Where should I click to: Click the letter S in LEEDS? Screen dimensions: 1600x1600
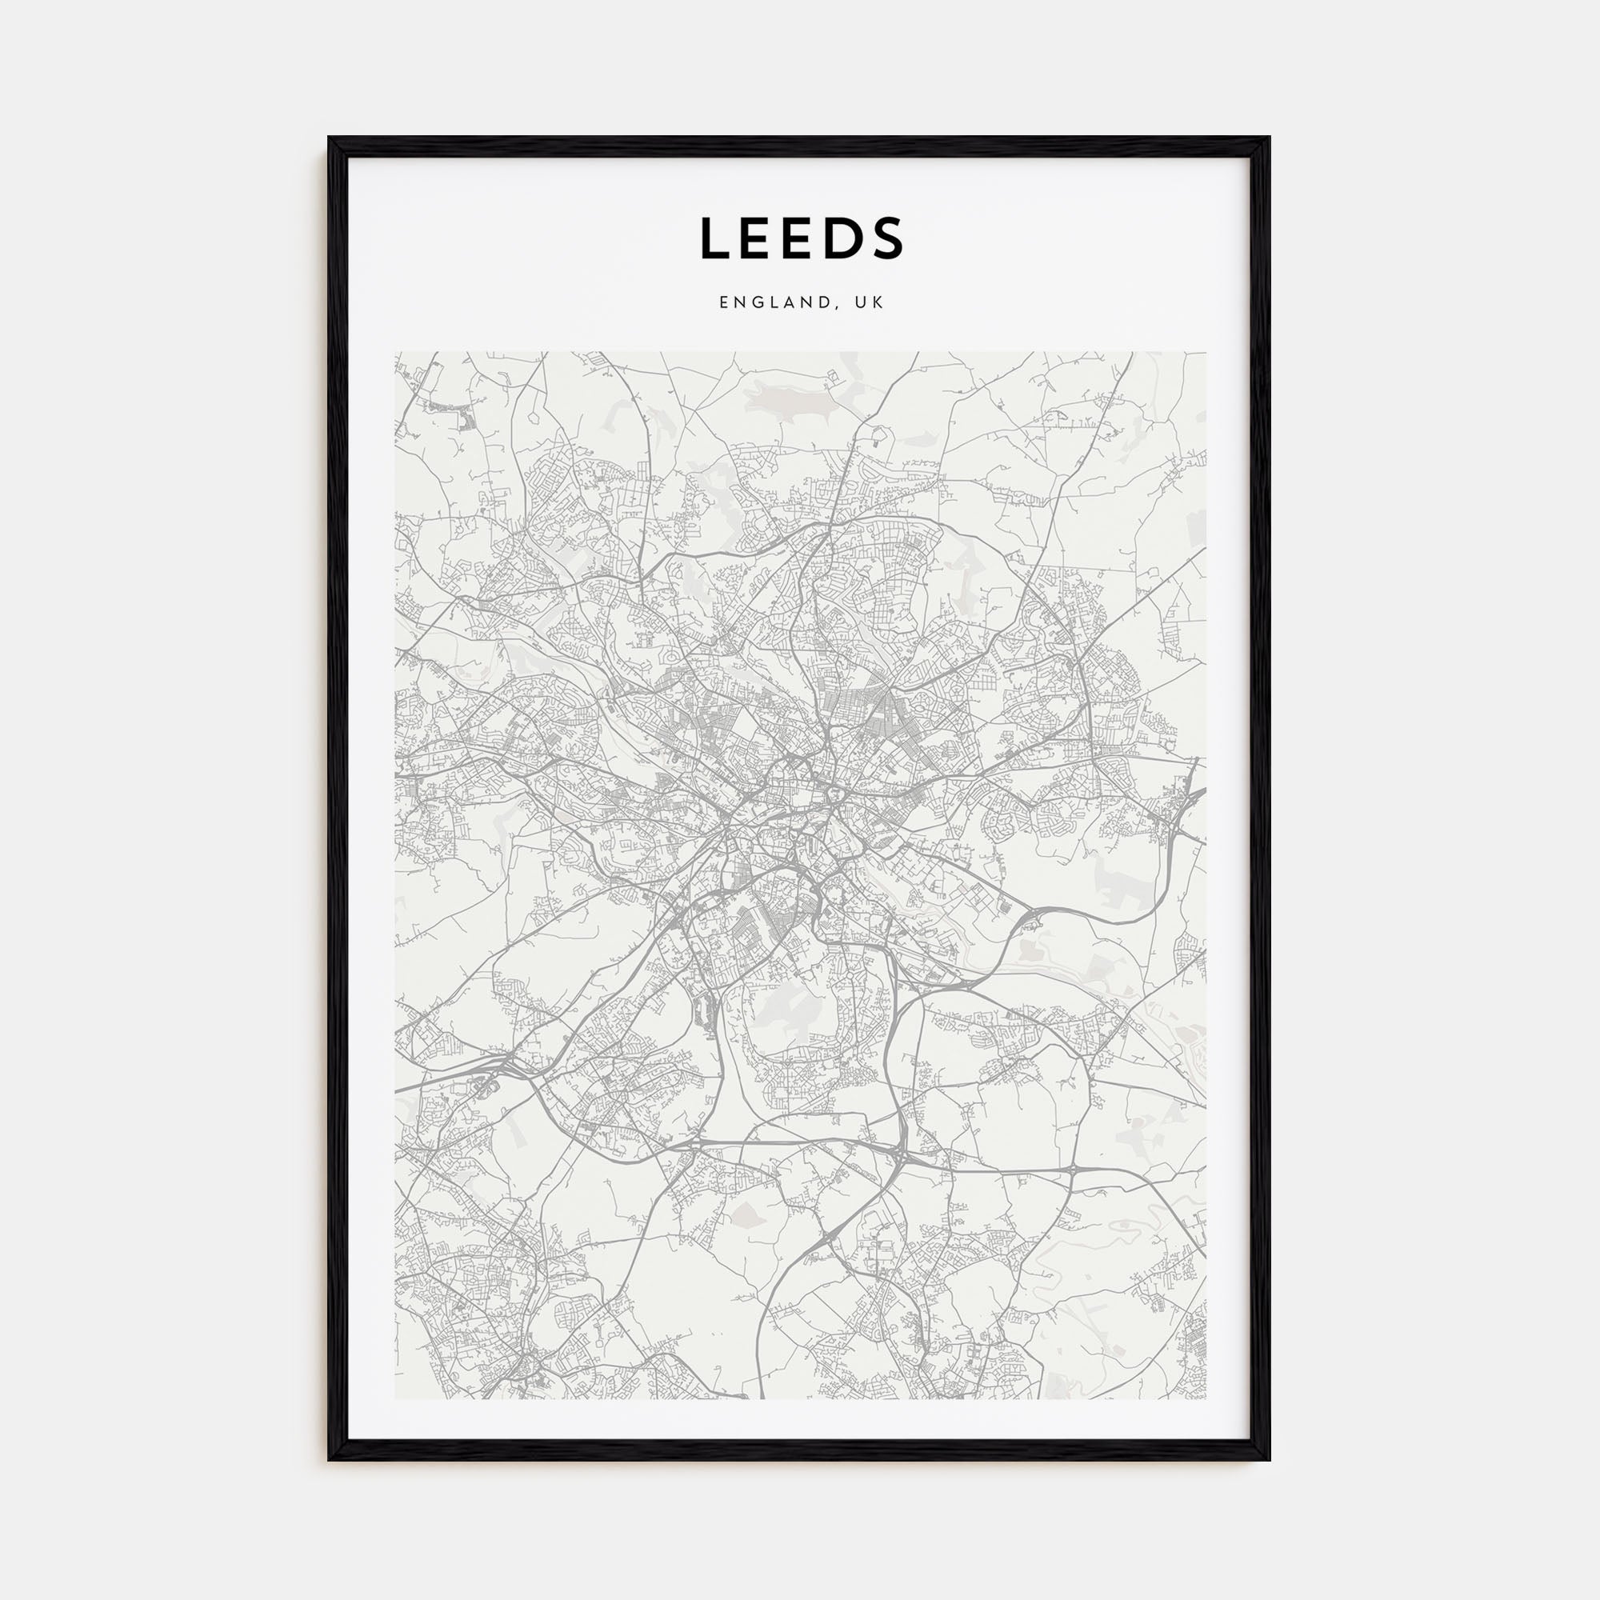888,238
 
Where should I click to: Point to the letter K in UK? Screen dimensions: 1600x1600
878,303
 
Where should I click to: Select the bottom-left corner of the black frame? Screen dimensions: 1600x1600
330,1459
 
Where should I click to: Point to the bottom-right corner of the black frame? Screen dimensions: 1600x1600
1269,1459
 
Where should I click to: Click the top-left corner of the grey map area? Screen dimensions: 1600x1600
396,353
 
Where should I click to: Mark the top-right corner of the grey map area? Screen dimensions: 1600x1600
1205,353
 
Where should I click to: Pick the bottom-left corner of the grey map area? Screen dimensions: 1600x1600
396,1398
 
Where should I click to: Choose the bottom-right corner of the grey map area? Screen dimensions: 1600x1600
1205,1398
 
